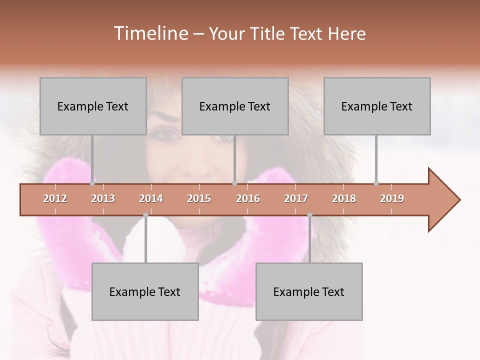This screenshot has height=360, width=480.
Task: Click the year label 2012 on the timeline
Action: point(55,198)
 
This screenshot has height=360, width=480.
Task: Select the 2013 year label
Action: point(103,198)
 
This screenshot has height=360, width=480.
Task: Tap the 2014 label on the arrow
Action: point(151,198)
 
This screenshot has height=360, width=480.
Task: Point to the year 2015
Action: point(199,198)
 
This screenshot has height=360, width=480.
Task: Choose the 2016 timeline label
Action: point(248,198)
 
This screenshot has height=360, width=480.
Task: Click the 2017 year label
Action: point(296,198)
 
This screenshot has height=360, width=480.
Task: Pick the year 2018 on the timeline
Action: point(344,198)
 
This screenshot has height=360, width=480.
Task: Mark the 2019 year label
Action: point(392,198)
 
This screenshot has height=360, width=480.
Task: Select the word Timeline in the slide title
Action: point(149,33)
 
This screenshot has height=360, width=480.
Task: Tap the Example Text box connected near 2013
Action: point(93,106)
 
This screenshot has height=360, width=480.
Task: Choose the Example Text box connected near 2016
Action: point(235,106)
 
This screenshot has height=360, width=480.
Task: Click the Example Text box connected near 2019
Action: point(377,106)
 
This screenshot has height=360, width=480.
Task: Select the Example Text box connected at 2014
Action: point(145,291)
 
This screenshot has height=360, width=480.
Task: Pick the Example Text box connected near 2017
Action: point(309,291)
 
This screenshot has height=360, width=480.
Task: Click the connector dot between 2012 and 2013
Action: point(92,183)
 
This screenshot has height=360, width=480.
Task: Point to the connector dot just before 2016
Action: point(234,183)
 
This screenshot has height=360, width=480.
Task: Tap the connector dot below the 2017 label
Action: point(309,215)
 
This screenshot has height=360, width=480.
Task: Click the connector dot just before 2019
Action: point(376,183)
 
